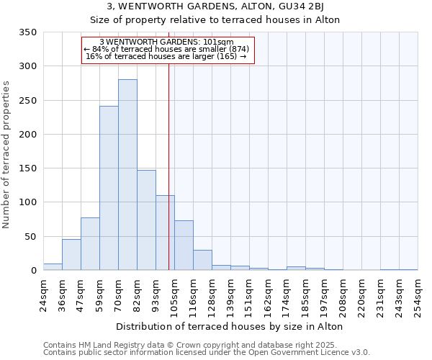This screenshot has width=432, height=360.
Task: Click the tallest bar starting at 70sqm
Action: pos(127,175)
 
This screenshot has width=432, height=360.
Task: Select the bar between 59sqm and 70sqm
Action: pos(109,188)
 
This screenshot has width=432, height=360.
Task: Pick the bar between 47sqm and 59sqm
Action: pos(90,244)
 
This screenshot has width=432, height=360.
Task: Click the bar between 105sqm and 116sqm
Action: pos(184,246)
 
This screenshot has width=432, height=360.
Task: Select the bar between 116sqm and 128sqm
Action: pos(202,260)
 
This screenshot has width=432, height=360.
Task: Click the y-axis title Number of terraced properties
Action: pos(7,154)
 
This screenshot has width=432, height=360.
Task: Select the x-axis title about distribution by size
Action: pos(229,326)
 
